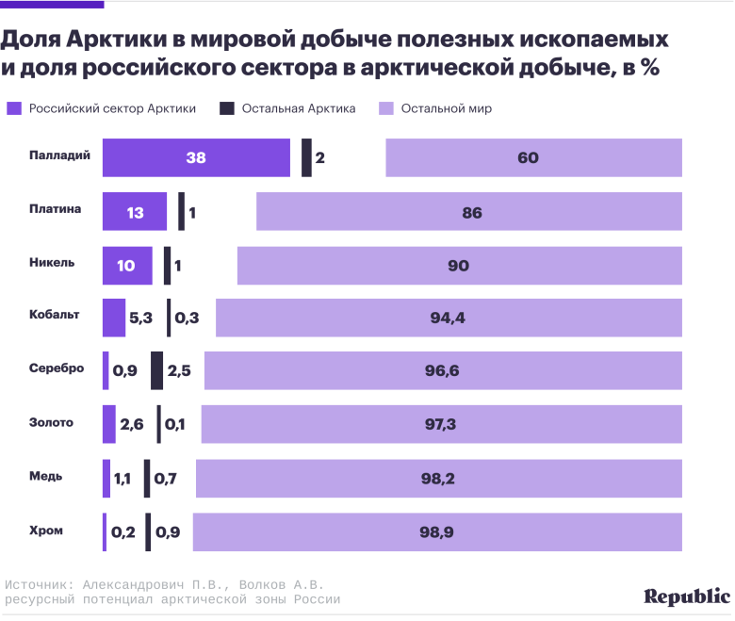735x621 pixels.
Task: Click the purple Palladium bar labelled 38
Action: point(196,157)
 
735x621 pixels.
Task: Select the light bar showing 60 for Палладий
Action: point(533,157)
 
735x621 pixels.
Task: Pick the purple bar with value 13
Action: point(135,212)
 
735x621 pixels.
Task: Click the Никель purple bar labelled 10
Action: point(127,266)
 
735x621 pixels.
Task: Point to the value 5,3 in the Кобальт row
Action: point(140,319)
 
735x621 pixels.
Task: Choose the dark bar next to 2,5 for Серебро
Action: point(156,371)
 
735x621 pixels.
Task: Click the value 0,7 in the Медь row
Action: point(166,479)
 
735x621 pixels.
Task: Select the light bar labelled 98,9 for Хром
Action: point(437,532)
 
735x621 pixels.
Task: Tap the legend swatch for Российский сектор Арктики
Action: point(14,108)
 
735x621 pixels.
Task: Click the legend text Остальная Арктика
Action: point(298,108)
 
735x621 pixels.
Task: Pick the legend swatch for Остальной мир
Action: point(384,108)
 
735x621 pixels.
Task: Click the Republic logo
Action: point(686,596)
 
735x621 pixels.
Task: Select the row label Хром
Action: point(46,530)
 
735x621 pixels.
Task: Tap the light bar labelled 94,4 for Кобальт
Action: point(448,319)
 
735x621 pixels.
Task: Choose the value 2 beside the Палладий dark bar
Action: point(320,157)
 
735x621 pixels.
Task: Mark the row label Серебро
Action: point(57,368)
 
